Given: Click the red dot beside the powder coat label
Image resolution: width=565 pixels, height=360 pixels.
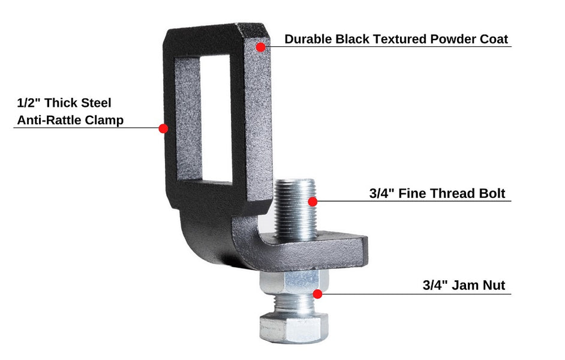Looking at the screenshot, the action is [260, 47].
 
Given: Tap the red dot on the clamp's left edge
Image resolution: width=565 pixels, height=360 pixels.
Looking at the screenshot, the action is [163, 128].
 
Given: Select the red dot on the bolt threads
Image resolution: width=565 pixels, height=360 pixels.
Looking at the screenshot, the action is [312, 202].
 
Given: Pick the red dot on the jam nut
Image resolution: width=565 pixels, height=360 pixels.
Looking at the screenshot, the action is [317, 294].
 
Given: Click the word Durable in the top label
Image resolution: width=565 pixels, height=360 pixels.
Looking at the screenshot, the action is [308, 39].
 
